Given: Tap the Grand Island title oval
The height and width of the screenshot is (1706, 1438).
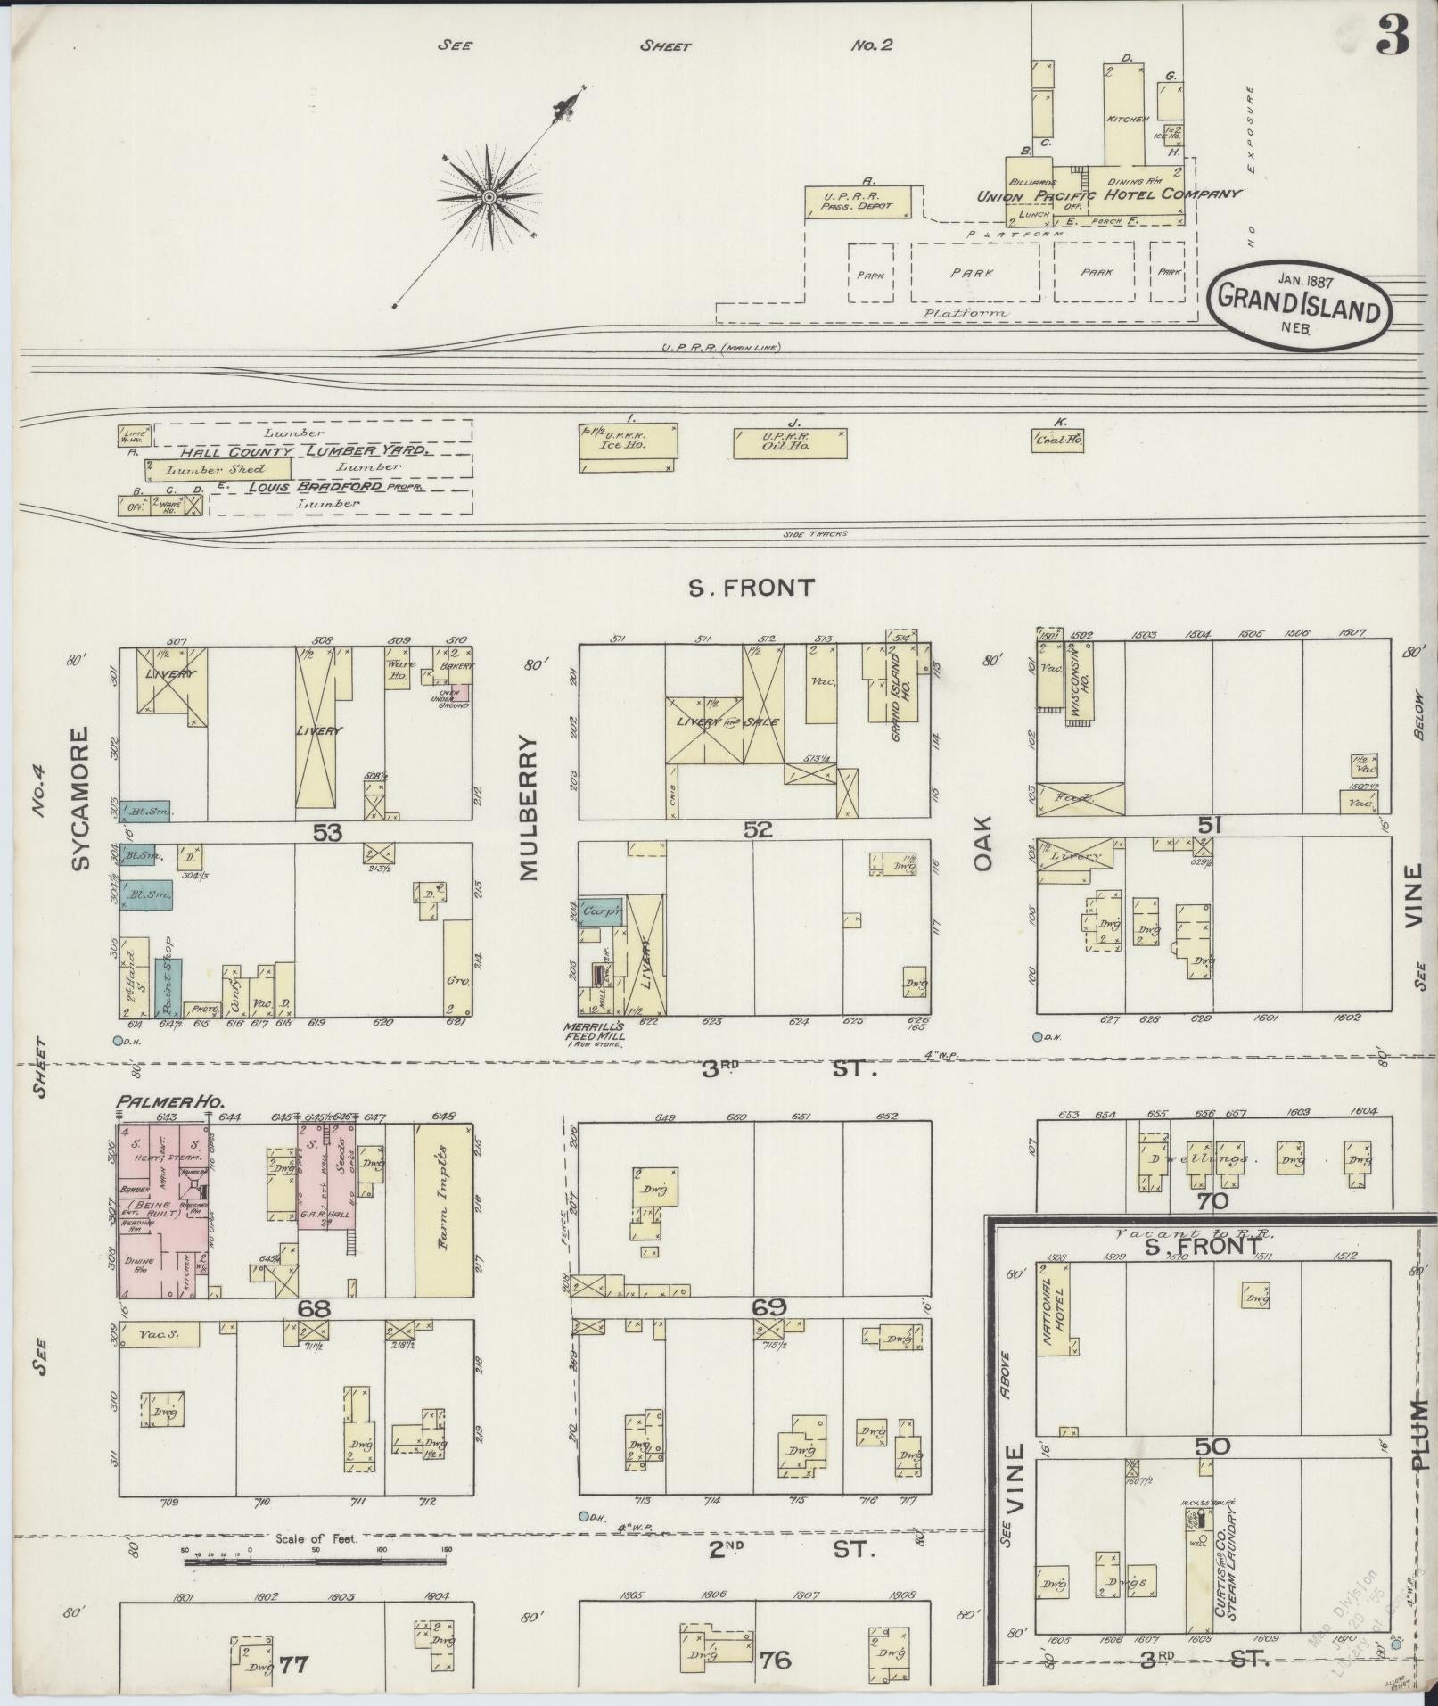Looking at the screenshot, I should [1298, 301].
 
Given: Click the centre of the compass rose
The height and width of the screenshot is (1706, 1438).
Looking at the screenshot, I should [489, 196].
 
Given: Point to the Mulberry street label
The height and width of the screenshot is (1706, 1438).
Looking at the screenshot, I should [530, 809].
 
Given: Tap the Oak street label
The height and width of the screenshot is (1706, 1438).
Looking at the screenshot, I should [982, 846].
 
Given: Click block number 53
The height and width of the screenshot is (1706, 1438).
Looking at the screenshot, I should [327, 832].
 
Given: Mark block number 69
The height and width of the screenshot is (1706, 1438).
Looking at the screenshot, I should [768, 1307].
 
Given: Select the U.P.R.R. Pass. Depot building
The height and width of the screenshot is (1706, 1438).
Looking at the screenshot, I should [859, 202].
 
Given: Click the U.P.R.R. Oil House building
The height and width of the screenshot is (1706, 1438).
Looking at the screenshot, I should [790, 443].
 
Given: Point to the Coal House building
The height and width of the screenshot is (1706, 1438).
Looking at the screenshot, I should [1058, 439].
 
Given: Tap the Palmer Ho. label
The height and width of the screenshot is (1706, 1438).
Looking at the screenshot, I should [160, 1102].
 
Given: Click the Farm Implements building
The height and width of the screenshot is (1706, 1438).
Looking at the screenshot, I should [443, 1210].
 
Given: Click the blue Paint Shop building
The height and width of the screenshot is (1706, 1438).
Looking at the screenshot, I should [168, 988].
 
